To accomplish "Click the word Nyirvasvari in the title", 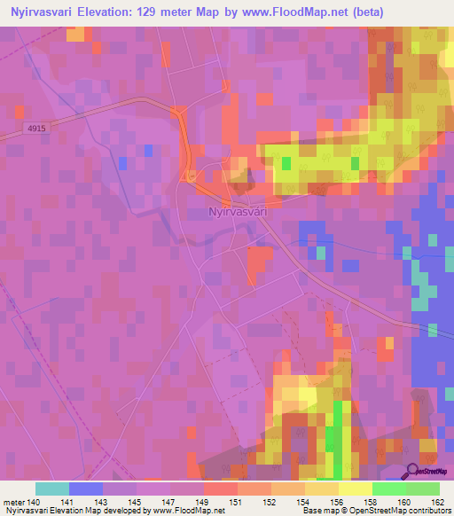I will (x=47, y=12).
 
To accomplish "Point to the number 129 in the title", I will (x=162, y=12).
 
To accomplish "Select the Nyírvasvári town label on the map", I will (x=237, y=212).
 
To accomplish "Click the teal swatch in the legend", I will (x=52, y=489).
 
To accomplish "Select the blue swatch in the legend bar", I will (x=86, y=489).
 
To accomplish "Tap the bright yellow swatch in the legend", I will (x=356, y=489).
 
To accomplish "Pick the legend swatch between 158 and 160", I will (x=389, y=489).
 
